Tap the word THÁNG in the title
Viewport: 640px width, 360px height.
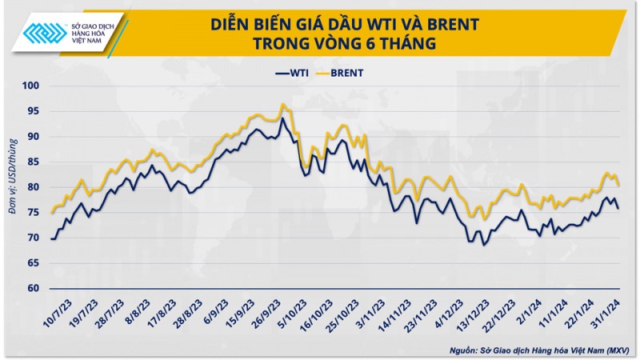pyautogui.click(x=408, y=44)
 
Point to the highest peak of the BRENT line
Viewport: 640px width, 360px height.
pyautogui.click(x=282, y=104)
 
